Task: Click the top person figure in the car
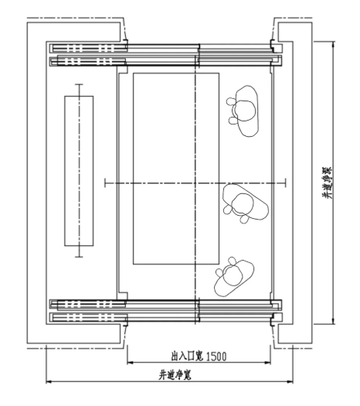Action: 246,111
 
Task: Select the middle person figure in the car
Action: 244,203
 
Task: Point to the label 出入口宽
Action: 185,357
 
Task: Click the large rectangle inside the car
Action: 176,169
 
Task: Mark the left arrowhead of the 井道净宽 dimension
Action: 48,381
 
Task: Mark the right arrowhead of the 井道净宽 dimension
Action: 294,381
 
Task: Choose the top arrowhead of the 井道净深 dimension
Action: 332,43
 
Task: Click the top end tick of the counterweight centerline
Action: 78,84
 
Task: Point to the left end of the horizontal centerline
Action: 104,183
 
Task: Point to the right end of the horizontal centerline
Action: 286,183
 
